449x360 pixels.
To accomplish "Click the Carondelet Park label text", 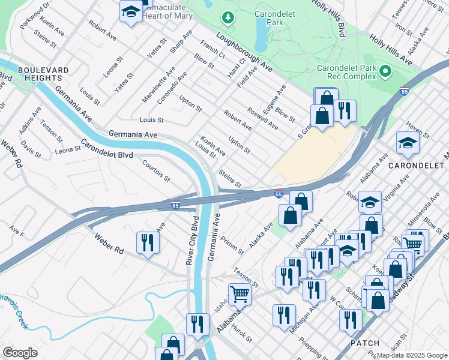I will pyautogui.click(x=277, y=18).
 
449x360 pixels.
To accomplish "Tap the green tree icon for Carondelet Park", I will pyautogui.click(x=228, y=18).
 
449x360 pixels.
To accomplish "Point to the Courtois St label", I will pyautogui.click(x=156, y=170).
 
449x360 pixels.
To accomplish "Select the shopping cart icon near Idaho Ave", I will pyautogui.click(x=239, y=293).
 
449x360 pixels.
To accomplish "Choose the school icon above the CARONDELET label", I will pyautogui.click(x=407, y=143).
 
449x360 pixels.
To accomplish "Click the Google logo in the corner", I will pyautogui.click(x=20, y=353).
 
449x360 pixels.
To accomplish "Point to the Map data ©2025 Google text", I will pyautogui.click(x=411, y=355).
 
